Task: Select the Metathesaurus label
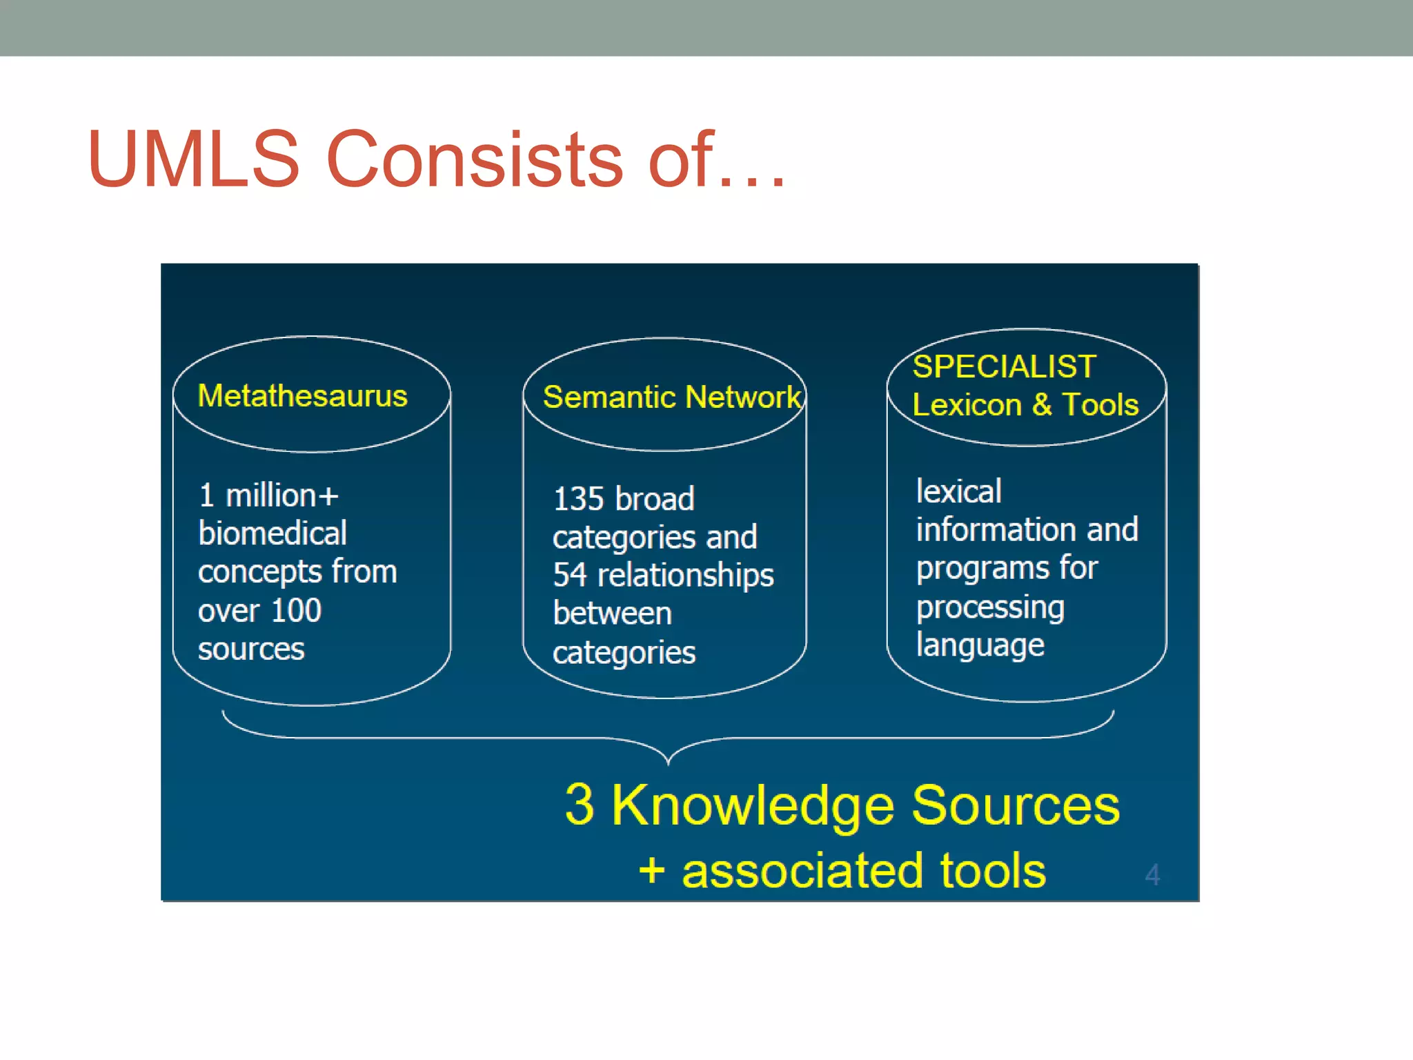point(302,396)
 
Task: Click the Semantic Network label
point(671,397)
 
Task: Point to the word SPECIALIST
point(1004,366)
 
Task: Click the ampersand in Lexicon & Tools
point(1042,405)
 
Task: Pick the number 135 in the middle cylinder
point(578,499)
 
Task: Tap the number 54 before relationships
point(569,575)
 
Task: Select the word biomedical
point(273,533)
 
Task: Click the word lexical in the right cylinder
point(958,491)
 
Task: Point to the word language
point(980,646)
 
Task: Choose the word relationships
point(685,576)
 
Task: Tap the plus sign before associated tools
point(652,871)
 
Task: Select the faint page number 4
point(1152,875)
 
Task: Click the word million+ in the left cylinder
point(282,495)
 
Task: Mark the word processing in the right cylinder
point(990,607)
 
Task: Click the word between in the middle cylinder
point(612,614)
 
